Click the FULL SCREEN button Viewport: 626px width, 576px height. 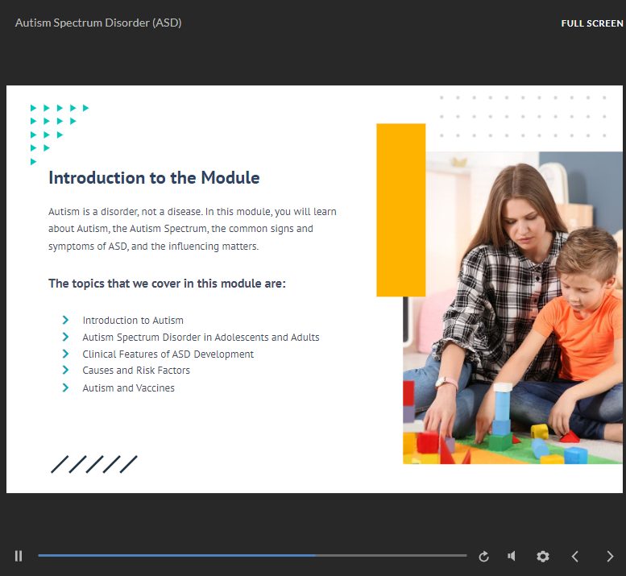click(591, 23)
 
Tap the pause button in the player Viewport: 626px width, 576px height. click(19, 556)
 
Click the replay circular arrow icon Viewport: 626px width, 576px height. click(484, 557)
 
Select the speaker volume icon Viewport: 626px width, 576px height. click(512, 556)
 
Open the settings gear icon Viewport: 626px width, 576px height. click(542, 556)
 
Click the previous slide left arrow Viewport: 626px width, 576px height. click(575, 556)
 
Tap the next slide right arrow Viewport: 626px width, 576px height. click(610, 556)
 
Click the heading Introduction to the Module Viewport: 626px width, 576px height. click(154, 178)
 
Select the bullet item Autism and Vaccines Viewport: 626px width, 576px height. click(129, 388)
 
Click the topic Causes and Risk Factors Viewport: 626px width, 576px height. click(136, 371)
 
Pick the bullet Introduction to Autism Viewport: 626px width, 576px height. click(133, 321)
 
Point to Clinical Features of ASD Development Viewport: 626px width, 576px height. click(168, 354)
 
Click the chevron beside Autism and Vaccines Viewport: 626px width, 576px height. click(65, 387)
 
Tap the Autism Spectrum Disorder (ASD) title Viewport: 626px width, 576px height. click(98, 23)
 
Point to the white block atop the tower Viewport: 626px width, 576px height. click(503, 387)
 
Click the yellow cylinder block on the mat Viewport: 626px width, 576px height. click(539, 431)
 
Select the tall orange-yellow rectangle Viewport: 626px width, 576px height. click(401, 210)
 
